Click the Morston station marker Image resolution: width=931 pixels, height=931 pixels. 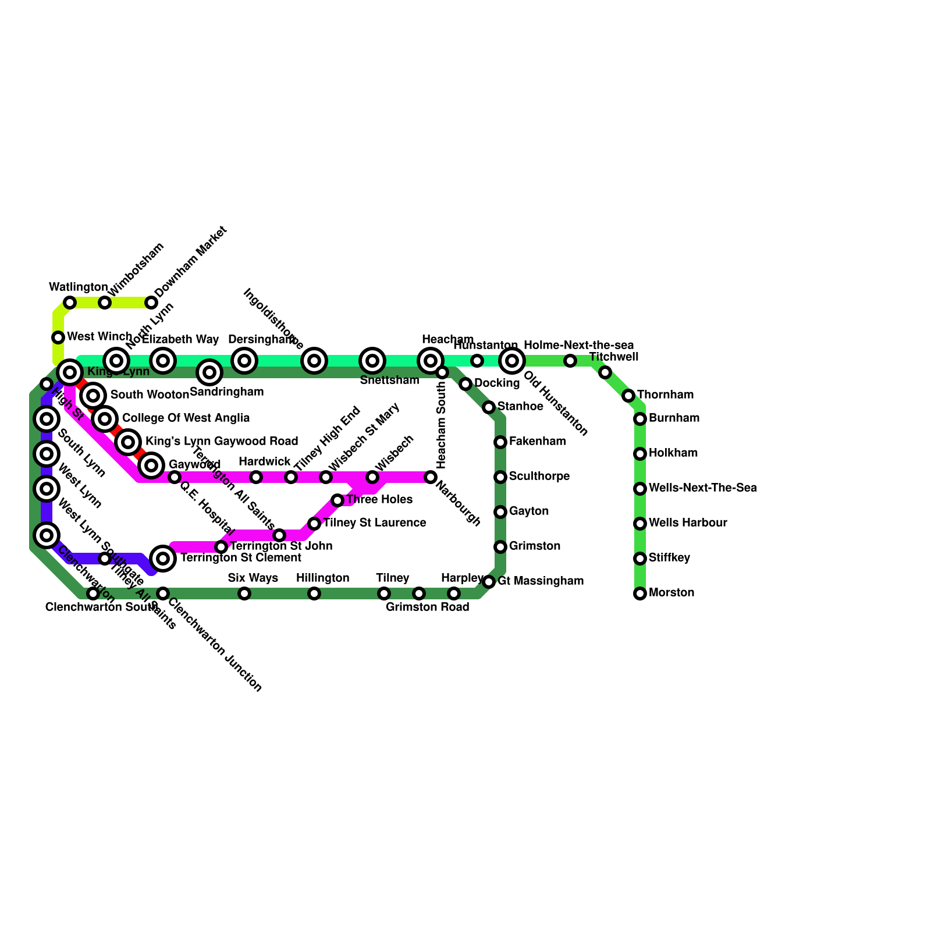coord(640,594)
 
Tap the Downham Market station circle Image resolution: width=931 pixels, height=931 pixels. coord(151,303)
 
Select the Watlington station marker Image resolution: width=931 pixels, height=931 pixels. coord(70,303)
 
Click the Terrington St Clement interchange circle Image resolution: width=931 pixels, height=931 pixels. coord(163,559)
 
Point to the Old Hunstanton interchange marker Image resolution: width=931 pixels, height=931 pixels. coord(512,361)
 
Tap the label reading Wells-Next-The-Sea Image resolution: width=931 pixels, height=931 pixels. coord(702,488)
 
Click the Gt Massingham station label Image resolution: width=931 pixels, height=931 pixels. coord(540,581)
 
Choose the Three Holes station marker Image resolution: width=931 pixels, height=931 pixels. coord(337,500)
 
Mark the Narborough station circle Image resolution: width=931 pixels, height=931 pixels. coord(431,477)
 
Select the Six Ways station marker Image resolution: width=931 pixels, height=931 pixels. coord(244,594)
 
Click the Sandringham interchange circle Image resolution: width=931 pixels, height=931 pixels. coord(209,372)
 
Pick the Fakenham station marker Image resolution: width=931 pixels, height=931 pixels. coord(500,442)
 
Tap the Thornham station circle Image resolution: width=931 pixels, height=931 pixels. coord(628,396)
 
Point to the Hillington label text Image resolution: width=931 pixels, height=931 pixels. coord(322,578)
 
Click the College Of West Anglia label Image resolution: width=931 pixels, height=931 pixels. coord(186,418)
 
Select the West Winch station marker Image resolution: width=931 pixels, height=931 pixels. coord(58,337)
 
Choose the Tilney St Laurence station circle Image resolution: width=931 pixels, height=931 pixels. coord(314,524)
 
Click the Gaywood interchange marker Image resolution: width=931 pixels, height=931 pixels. coord(151,465)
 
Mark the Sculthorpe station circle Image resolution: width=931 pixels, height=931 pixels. coord(500,477)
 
